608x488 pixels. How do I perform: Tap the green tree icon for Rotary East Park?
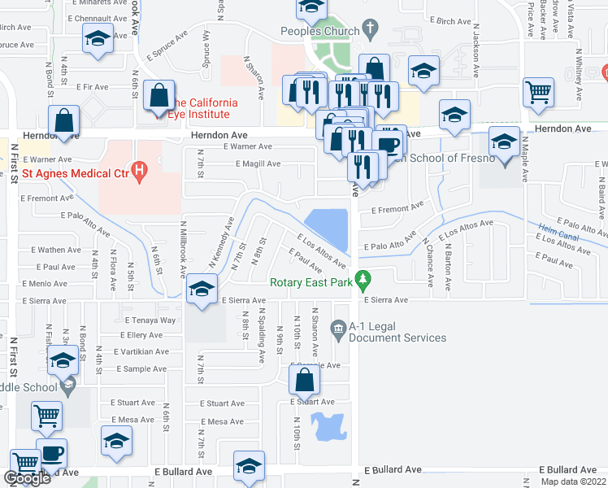(x=365, y=281)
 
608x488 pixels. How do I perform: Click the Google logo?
(x=27, y=479)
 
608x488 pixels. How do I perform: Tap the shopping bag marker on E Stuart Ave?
(x=304, y=380)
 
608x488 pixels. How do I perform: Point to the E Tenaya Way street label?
(x=150, y=320)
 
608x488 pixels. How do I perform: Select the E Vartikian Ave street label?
(x=140, y=351)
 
